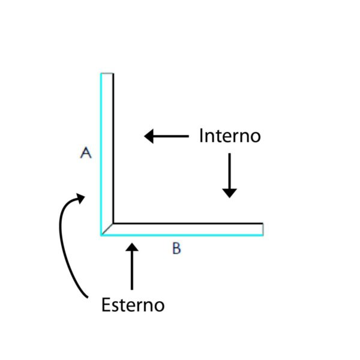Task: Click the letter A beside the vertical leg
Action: click(x=86, y=152)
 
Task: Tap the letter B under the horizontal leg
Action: click(x=176, y=248)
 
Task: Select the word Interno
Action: click(x=230, y=136)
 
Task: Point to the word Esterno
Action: click(x=133, y=305)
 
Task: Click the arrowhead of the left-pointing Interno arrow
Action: click(x=149, y=136)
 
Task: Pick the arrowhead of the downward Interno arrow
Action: click(x=229, y=193)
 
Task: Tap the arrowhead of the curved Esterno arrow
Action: click(x=80, y=198)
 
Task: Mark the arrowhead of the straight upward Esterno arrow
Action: click(x=132, y=247)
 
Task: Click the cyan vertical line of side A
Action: click(x=101, y=154)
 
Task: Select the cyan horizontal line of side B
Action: click(x=182, y=235)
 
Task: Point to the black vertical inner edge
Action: click(x=113, y=148)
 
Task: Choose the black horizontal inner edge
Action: click(x=188, y=223)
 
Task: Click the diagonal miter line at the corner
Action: click(x=107, y=229)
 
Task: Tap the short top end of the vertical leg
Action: click(x=107, y=73)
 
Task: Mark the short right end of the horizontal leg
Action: click(x=263, y=229)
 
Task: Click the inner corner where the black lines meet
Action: click(x=113, y=223)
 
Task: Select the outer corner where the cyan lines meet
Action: click(x=101, y=235)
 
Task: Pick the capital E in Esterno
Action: click(x=105, y=305)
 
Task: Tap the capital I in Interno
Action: click(x=201, y=136)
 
